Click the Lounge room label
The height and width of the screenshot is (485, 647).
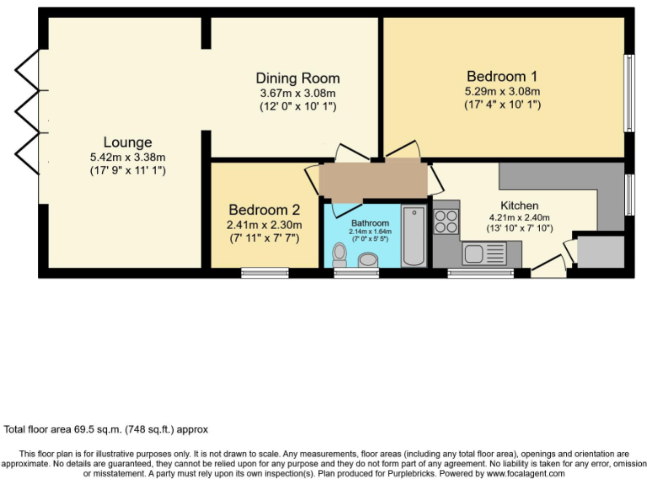127,142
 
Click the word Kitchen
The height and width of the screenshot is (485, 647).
519,205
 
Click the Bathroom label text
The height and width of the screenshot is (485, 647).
371,223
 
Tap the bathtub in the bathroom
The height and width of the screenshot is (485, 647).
414,236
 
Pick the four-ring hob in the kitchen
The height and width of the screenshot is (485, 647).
446,221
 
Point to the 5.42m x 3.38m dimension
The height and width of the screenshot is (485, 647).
127,157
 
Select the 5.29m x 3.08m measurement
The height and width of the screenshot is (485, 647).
502,92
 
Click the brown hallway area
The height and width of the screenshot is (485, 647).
374,179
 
